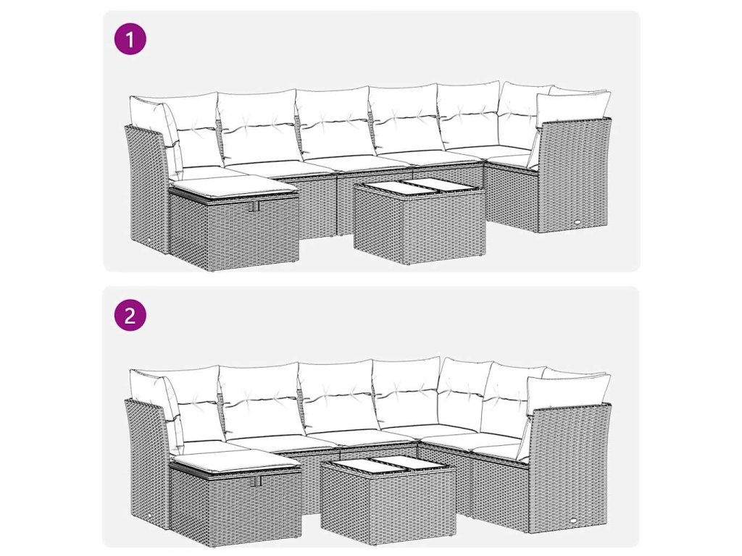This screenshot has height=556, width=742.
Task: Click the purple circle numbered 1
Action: pyautogui.click(x=130, y=39)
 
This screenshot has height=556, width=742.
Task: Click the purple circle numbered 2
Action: pyautogui.click(x=130, y=315)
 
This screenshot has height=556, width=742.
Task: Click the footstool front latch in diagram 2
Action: pyautogui.click(x=257, y=481)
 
